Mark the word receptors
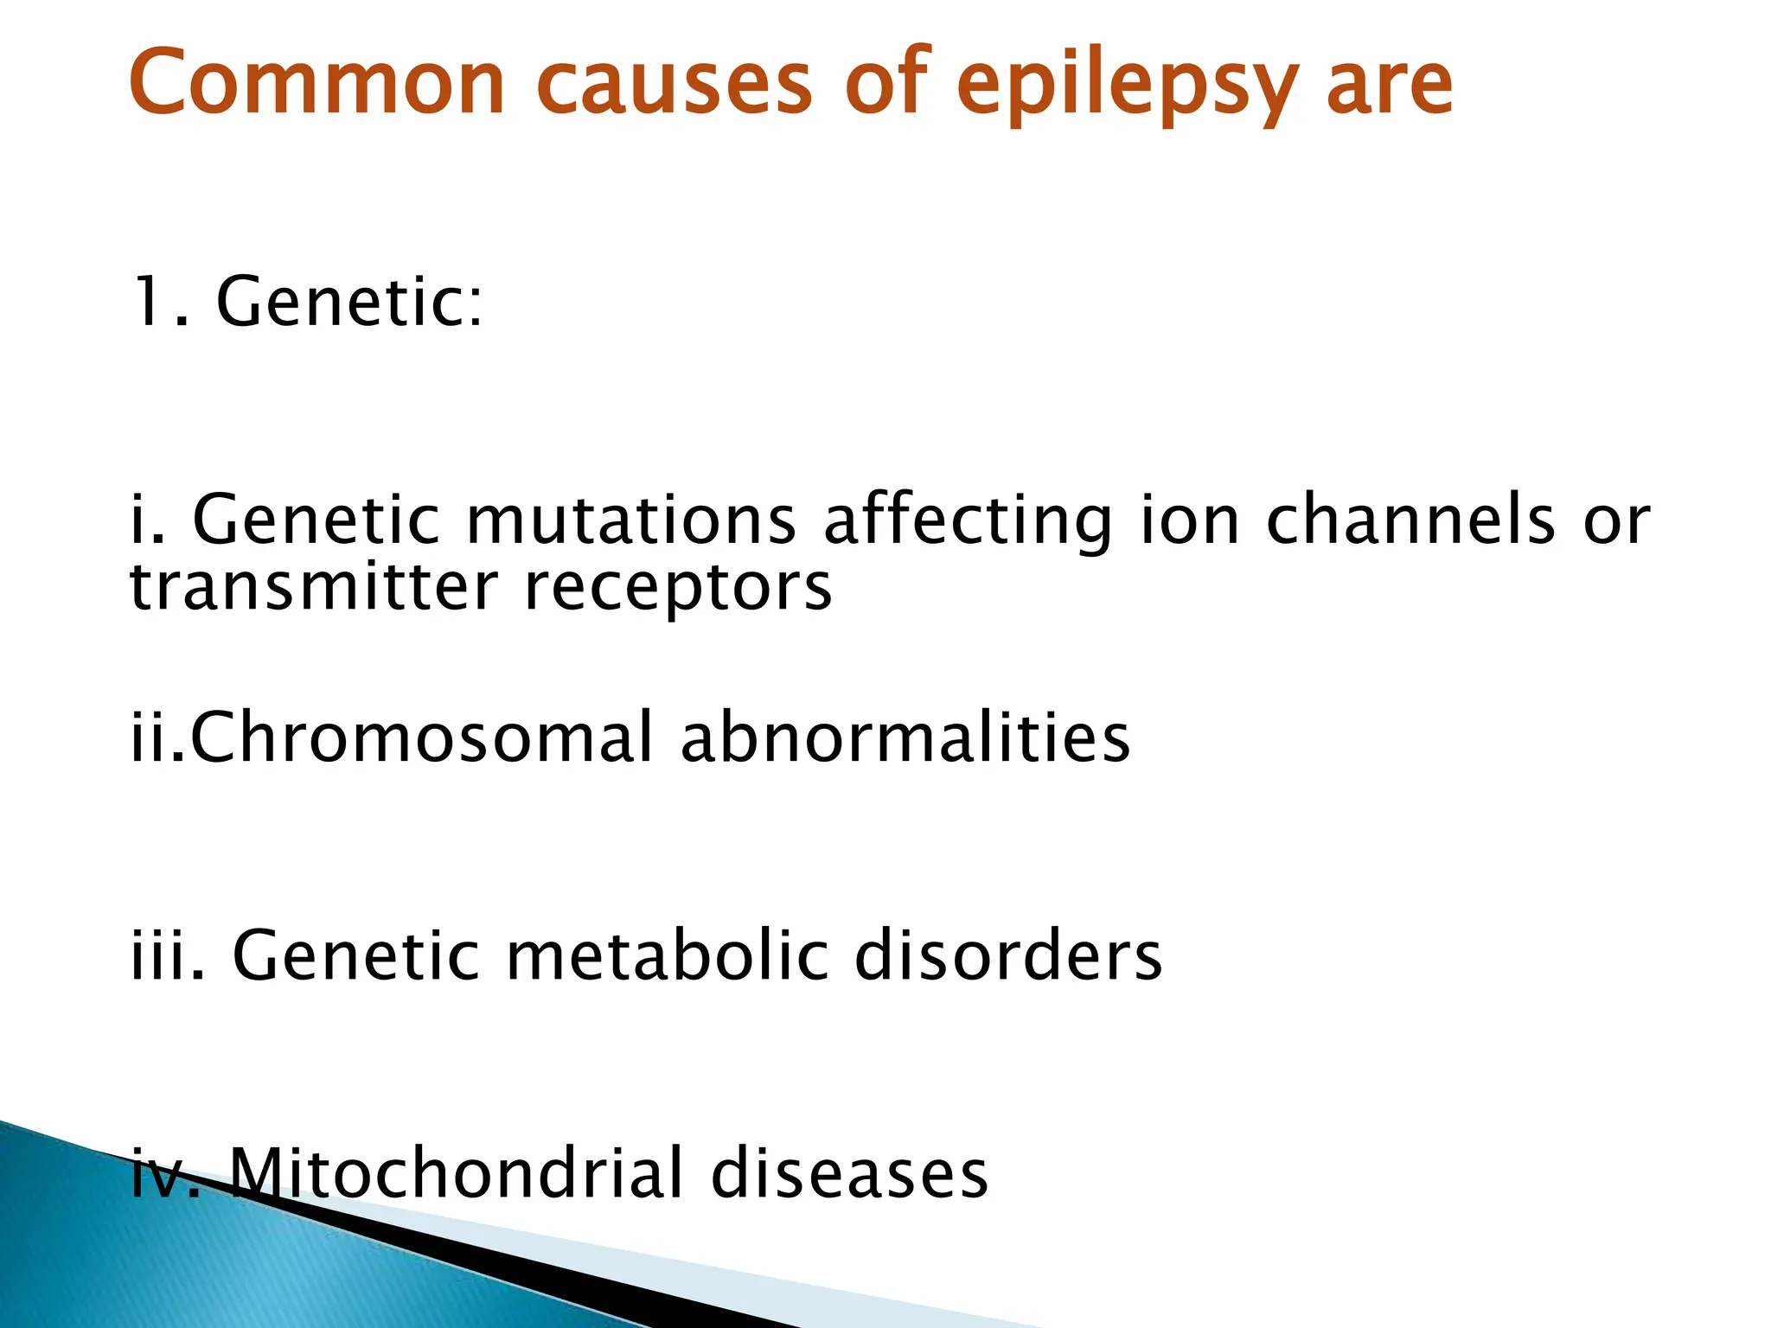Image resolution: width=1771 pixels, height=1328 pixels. [x=678, y=588]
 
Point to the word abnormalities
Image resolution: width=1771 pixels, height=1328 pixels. [x=905, y=737]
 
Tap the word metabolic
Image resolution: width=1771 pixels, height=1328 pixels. [x=665, y=955]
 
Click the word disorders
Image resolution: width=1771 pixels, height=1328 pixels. [x=1008, y=955]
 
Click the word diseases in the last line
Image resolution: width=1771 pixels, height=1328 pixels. [x=849, y=1173]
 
